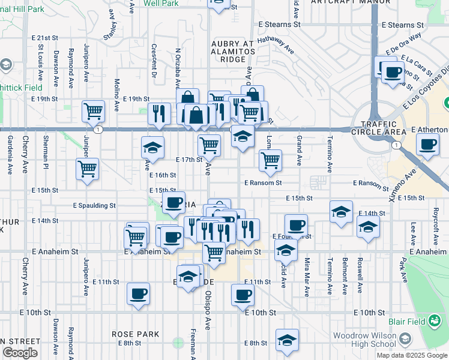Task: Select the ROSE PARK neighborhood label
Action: coord(135,334)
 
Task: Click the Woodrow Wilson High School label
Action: coord(364,340)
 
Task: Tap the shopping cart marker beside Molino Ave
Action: coord(94,110)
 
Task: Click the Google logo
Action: coord(19,353)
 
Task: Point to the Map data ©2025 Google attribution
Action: coord(412,355)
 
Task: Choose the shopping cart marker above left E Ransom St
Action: coord(271,160)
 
